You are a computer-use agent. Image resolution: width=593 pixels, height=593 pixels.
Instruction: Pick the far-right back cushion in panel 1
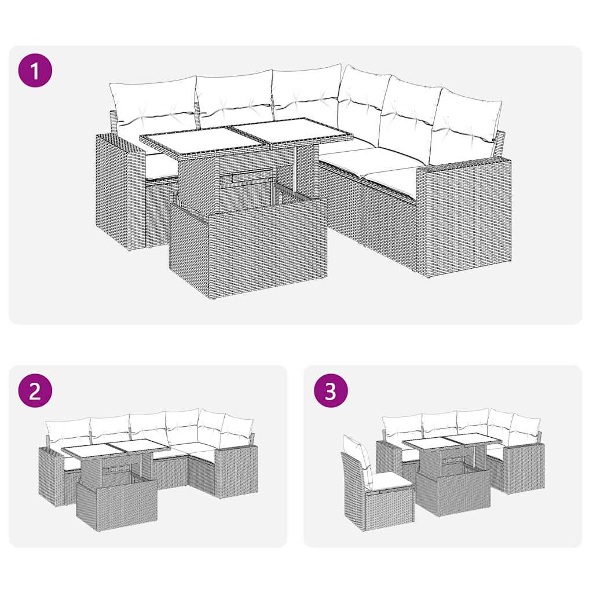[x=466, y=125]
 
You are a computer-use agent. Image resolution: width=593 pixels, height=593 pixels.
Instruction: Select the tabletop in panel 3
[x=452, y=442]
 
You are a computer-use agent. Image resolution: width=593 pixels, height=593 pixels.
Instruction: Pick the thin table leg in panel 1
[x=297, y=168]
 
